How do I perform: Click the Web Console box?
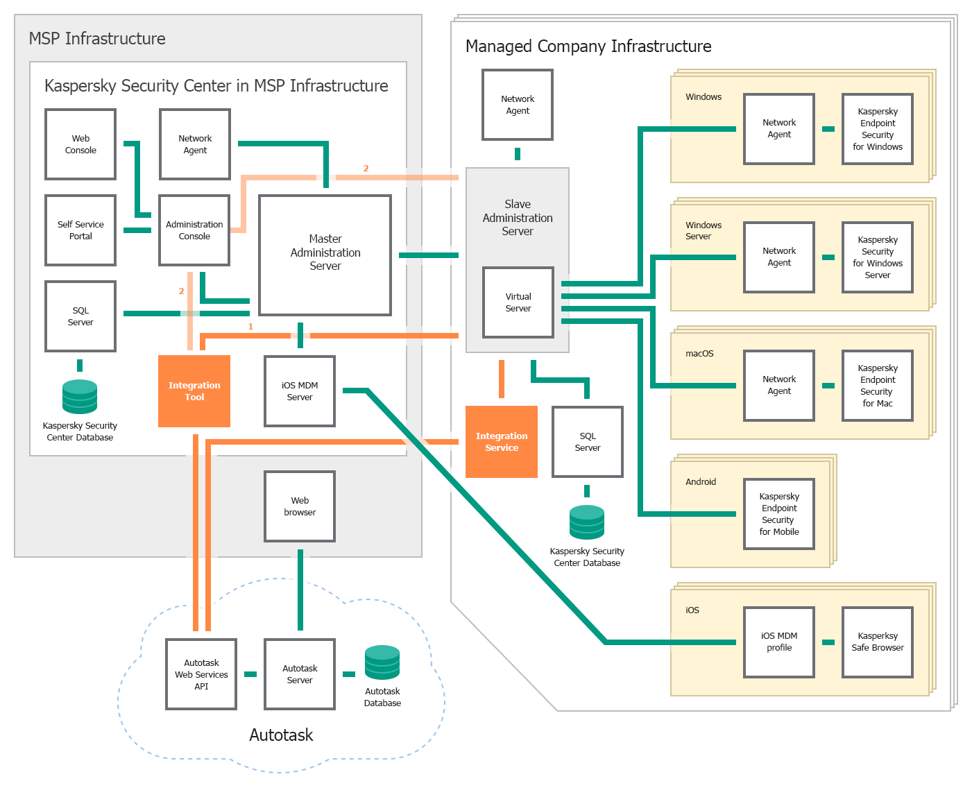[x=80, y=144]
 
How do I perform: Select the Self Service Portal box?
[x=80, y=230]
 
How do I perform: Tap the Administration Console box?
[x=194, y=230]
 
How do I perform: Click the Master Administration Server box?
[x=325, y=255]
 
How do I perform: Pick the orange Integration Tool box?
[x=194, y=391]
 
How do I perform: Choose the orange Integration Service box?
[x=502, y=442]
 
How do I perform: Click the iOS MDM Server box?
[x=300, y=391]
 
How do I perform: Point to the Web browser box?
[x=300, y=506]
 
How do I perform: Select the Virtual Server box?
[x=518, y=302]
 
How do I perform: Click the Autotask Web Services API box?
[x=201, y=674]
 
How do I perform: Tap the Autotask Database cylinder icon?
[x=382, y=662]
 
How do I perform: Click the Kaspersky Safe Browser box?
[x=878, y=642]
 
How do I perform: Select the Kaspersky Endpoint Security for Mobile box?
[x=779, y=514]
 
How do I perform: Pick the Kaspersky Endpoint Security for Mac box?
[x=878, y=386]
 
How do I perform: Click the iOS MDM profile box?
[x=779, y=642]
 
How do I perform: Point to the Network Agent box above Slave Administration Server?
[x=518, y=105]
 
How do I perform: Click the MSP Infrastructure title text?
[x=97, y=39]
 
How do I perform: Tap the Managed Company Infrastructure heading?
[x=588, y=46]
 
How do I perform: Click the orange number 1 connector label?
[x=250, y=327]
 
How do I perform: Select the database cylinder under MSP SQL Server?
[x=80, y=397]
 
